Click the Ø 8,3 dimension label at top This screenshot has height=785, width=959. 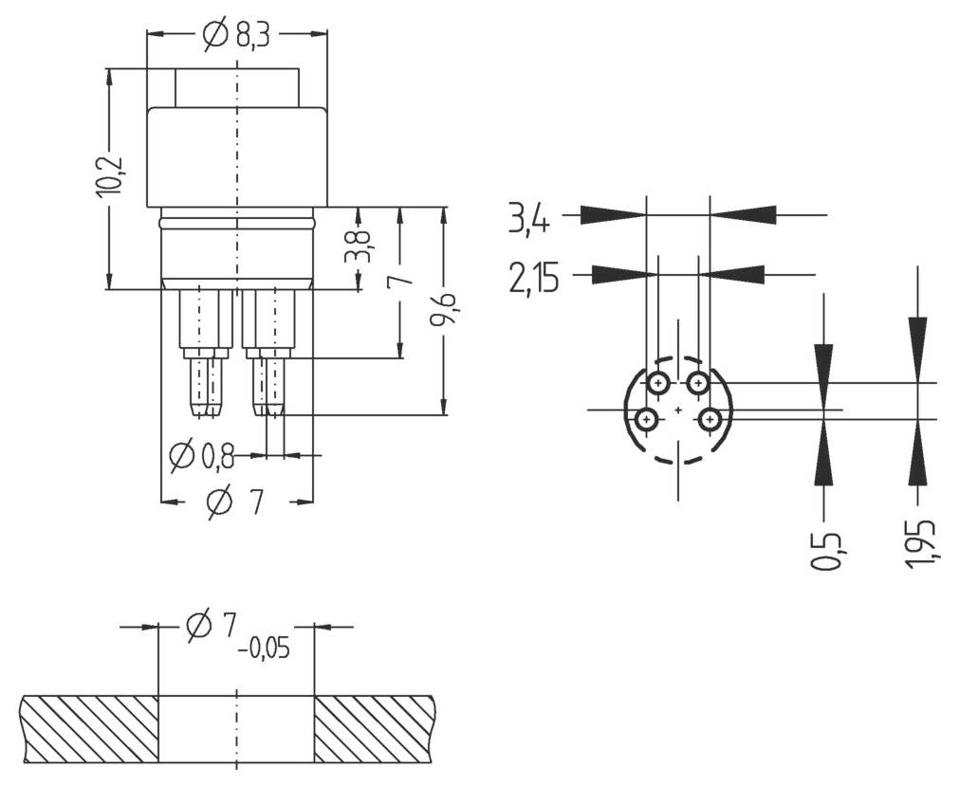[x=236, y=35]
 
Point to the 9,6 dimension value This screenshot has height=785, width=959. [x=443, y=311]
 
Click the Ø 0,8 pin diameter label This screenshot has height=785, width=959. [x=201, y=457]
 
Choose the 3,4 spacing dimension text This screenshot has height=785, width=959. [x=528, y=220]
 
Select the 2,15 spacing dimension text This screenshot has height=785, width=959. [x=534, y=279]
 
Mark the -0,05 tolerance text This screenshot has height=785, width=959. [x=265, y=649]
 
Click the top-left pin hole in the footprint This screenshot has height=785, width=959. [x=658, y=383]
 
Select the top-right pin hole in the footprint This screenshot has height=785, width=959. [x=698, y=383]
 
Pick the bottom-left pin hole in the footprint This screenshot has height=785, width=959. [x=646, y=418]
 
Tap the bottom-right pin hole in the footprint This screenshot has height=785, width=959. [x=710, y=418]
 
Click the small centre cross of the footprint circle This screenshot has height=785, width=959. [x=677, y=410]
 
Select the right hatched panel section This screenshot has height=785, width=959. [x=375, y=729]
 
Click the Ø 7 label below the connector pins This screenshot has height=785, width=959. [x=233, y=502]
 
